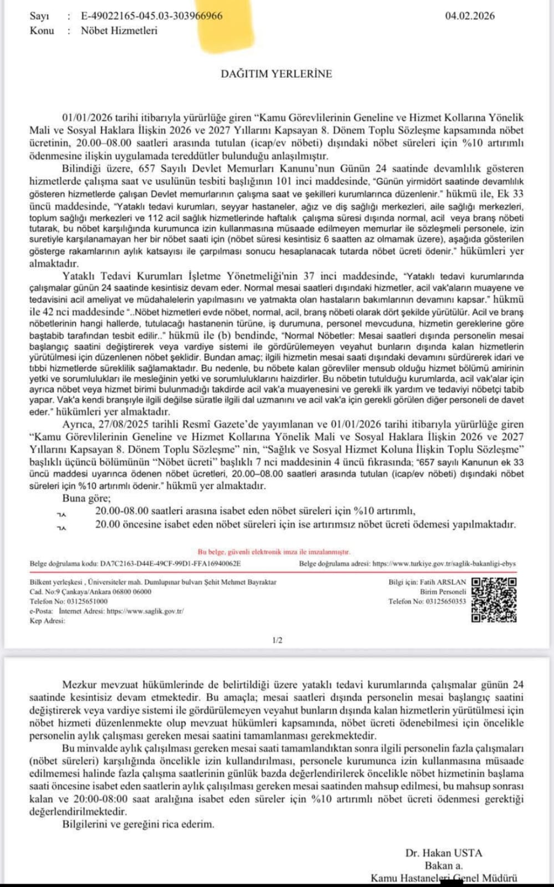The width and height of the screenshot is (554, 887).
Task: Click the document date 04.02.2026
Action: tap(470, 16)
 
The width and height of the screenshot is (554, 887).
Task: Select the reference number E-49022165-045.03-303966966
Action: tap(151, 16)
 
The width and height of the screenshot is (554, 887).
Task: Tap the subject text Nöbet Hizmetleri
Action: tap(119, 31)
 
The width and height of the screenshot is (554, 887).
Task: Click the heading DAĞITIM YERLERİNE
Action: tap(276, 74)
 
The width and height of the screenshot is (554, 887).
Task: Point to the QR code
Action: tap(494, 600)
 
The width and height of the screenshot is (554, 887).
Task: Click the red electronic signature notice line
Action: tap(274, 552)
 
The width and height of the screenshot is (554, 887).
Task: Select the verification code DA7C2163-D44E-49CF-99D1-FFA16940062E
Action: tap(170, 564)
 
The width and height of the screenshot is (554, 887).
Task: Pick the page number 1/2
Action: tap(277, 640)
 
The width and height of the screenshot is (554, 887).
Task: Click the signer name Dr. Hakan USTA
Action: tap(444, 853)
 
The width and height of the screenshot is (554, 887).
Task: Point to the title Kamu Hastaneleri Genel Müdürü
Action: tap(444, 878)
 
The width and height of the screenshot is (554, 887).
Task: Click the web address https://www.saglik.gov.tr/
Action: tap(145, 611)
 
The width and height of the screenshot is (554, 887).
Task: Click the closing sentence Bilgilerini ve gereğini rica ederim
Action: tap(138, 824)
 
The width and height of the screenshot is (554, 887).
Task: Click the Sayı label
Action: tap(39, 16)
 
